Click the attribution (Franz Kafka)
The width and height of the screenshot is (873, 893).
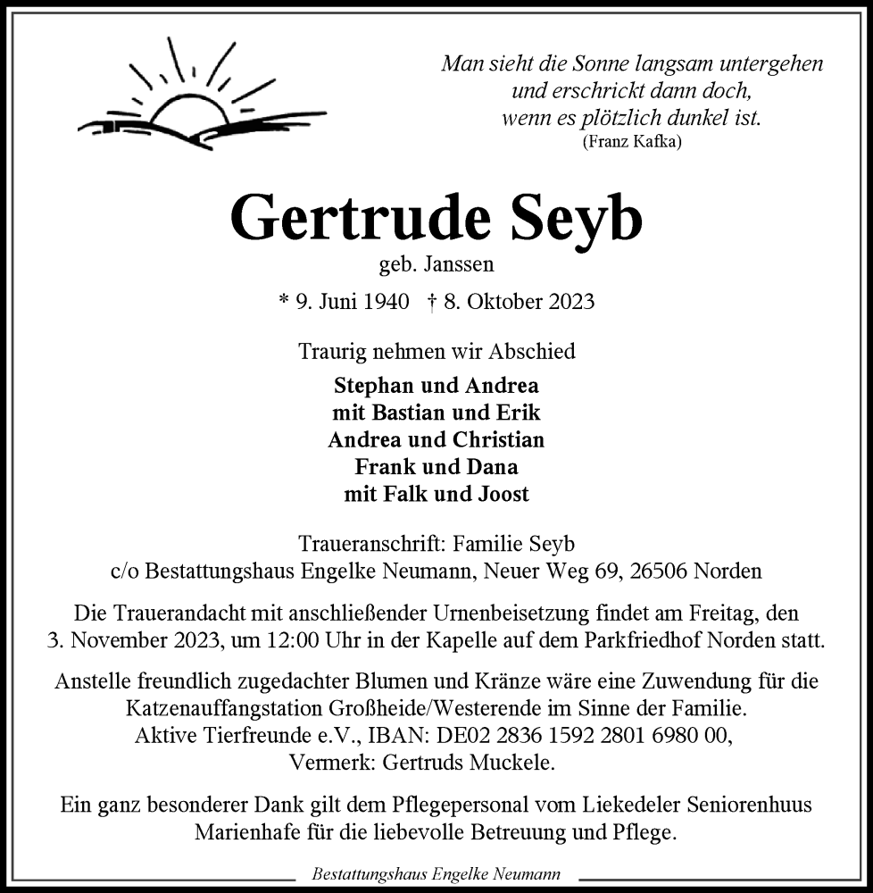pos(632,141)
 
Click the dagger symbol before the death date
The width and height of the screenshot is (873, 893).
pos(432,302)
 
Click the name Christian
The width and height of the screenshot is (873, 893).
pos(498,439)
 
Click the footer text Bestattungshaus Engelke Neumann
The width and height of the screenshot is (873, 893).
pos(436,874)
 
